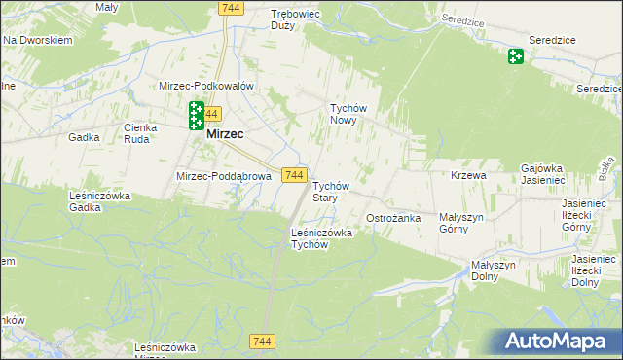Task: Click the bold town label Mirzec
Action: point(225,134)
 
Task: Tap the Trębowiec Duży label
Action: point(295,20)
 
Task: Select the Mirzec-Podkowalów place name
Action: point(206,86)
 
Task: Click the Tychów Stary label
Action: point(330,191)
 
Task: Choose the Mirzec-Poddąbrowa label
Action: point(223,176)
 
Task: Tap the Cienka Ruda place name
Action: point(142,132)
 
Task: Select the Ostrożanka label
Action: point(393,218)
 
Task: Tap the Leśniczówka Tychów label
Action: point(321,238)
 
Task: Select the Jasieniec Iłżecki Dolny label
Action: point(596,270)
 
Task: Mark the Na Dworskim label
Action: point(39,41)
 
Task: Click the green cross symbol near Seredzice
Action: point(515,56)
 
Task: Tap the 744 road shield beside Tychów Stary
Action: point(296,174)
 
